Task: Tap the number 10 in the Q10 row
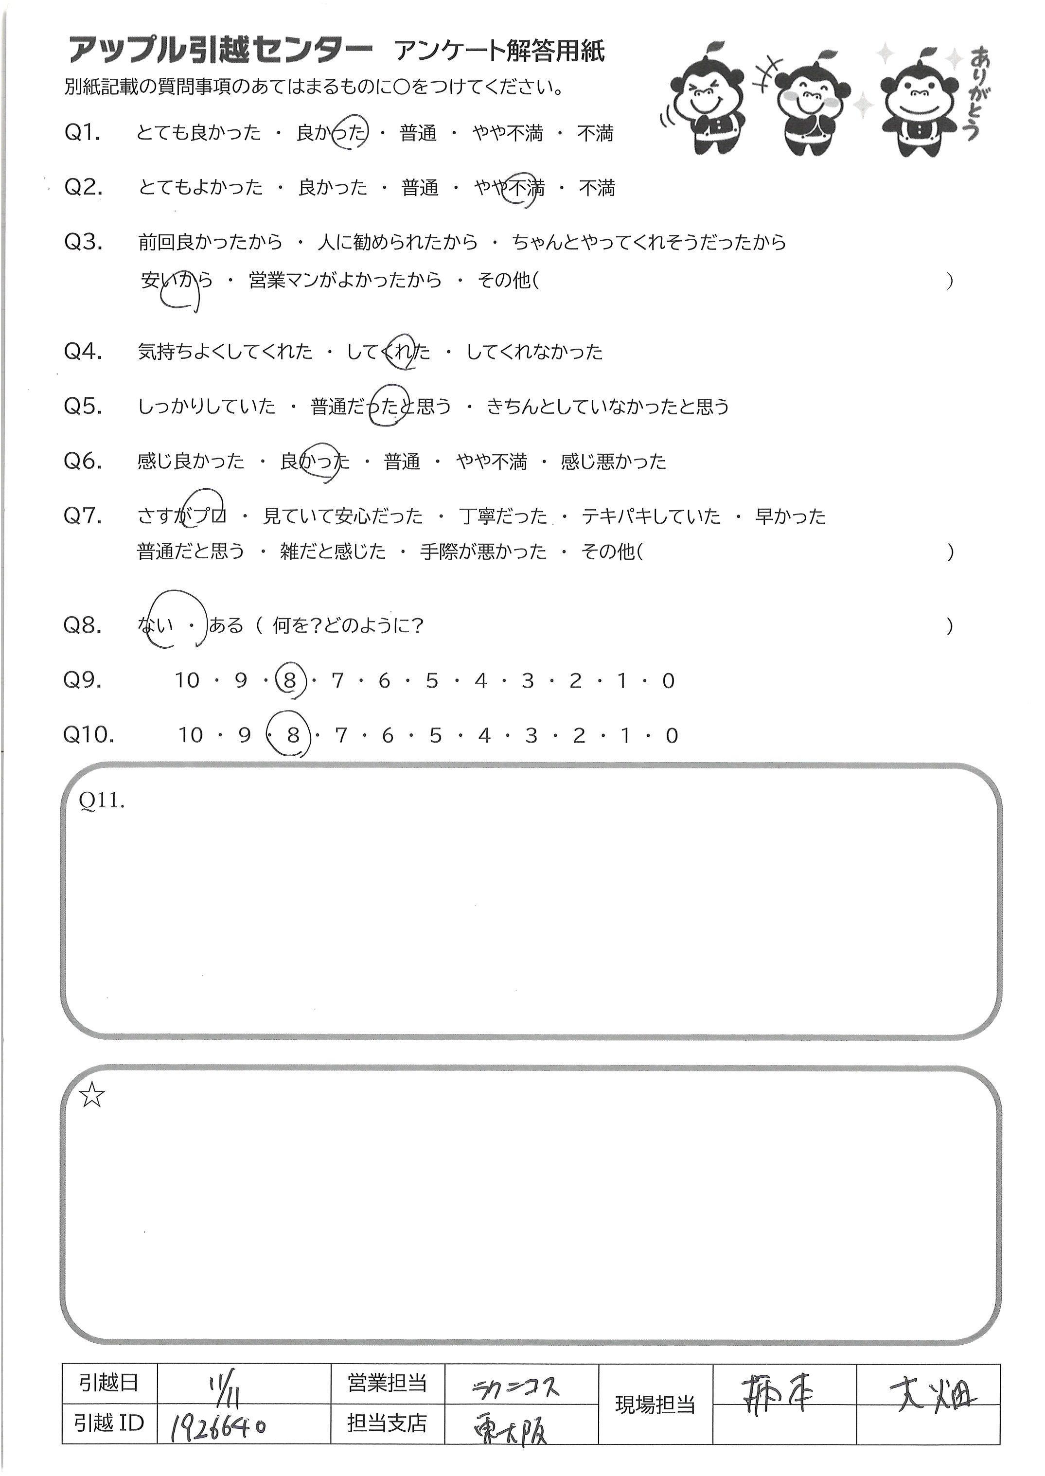[191, 735]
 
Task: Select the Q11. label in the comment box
[101, 800]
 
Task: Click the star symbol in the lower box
[91, 1095]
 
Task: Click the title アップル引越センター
[220, 51]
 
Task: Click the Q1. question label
[82, 133]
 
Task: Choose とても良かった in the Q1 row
[199, 133]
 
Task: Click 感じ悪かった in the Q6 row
[613, 462]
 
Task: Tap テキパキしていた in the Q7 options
[651, 516]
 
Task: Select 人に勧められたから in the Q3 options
[398, 243]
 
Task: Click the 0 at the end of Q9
[668, 681]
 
